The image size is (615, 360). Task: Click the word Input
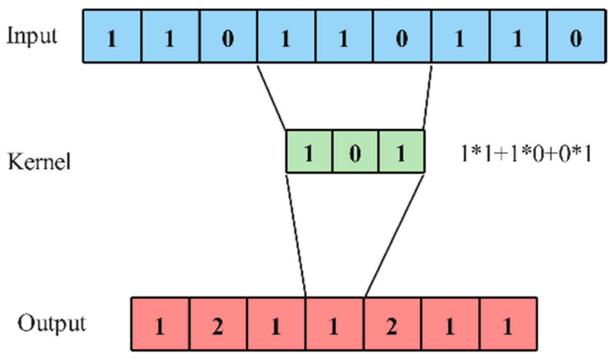pyautogui.click(x=32, y=36)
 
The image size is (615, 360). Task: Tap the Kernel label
pyautogui.click(x=39, y=161)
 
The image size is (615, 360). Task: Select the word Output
pyautogui.click(x=52, y=324)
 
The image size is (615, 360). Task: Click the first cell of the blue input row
pyautogui.click(x=112, y=37)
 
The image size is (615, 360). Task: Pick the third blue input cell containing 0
pyautogui.click(x=228, y=37)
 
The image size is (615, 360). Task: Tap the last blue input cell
pyautogui.click(x=576, y=37)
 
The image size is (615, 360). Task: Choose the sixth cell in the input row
pyautogui.click(x=402, y=37)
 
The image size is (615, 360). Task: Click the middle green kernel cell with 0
pyautogui.click(x=355, y=152)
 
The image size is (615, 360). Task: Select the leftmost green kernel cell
pyautogui.click(x=309, y=152)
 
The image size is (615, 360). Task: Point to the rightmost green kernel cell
pyautogui.click(x=401, y=152)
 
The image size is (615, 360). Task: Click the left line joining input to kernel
pyautogui.click(x=271, y=96)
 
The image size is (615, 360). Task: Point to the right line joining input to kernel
pyautogui.click(x=427, y=96)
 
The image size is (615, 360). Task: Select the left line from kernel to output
pyautogui.click(x=296, y=234)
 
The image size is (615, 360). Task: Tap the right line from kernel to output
pyautogui.click(x=394, y=234)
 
